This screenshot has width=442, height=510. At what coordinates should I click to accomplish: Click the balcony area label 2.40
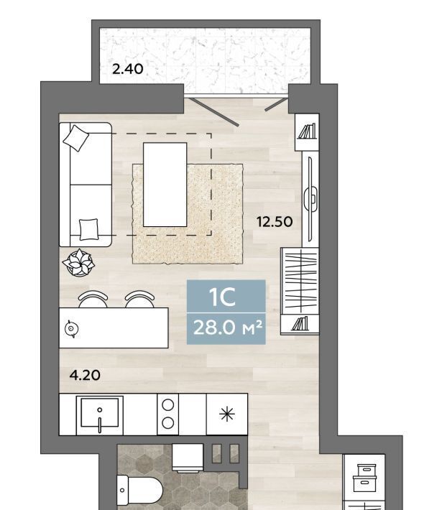(128, 69)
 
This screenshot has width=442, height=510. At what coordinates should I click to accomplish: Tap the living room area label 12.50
(275, 222)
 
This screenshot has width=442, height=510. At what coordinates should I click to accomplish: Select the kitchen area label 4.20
(85, 376)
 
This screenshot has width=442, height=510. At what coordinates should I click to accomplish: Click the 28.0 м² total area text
(227, 328)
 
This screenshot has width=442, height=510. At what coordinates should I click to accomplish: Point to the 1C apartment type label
(222, 297)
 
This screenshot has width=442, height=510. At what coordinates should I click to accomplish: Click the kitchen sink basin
(100, 412)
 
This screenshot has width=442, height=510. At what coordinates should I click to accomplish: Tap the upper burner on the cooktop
(168, 405)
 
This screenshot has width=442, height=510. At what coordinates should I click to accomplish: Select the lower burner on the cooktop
(168, 423)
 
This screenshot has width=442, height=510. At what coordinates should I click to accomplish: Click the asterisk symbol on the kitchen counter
(227, 414)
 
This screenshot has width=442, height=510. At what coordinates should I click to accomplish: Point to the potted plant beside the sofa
(79, 263)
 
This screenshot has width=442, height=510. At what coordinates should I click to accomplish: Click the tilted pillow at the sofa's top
(76, 138)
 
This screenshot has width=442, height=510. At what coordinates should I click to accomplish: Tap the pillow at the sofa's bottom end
(88, 229)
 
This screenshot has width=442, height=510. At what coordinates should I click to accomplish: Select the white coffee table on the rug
(165, 185)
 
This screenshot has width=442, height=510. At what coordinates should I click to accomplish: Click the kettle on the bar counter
(71, 329)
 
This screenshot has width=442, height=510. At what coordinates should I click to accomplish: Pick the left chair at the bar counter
(93, 300)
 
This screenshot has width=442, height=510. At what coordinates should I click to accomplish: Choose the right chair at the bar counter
(139, 300)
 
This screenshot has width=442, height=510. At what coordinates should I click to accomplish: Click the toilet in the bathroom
(139, 489)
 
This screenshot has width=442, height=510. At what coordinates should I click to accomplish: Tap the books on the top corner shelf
(308, 131)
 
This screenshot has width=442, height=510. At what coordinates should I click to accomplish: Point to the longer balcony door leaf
(214, 111)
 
